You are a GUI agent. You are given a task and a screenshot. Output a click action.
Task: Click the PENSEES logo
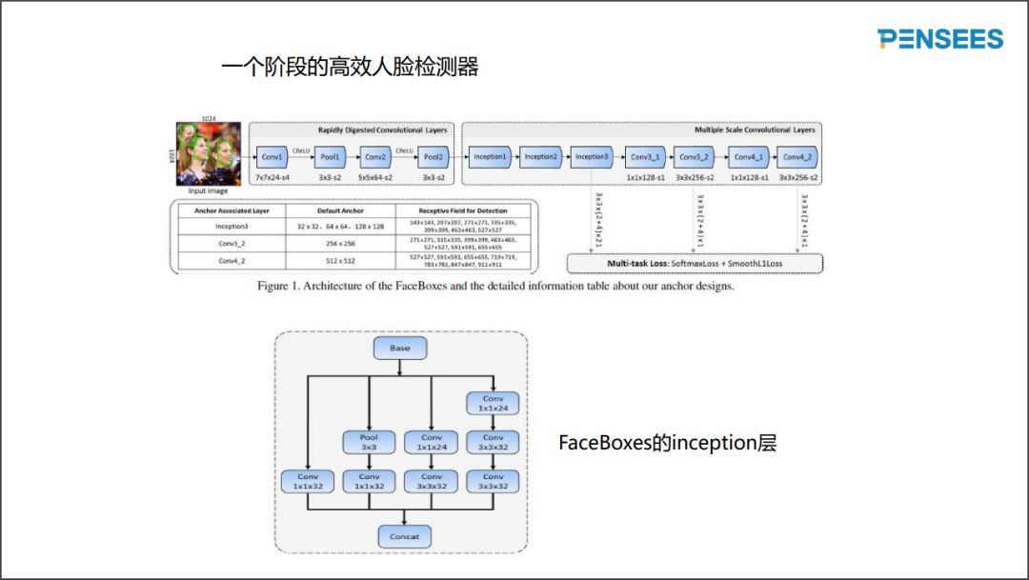click(x=940, y=39)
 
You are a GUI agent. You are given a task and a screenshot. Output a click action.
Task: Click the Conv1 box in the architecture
click(x=272, y=156)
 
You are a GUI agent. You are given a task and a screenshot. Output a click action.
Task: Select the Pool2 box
click(x=433, y=156)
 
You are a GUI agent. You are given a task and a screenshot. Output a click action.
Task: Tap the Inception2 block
click(x=541, y=156)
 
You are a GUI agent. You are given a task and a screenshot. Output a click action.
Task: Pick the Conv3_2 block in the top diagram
click(x=696, y=156)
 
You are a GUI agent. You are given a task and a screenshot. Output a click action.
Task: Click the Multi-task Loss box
click(x=695, y=262)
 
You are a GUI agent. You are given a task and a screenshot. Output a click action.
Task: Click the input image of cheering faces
click(x=208, y=153)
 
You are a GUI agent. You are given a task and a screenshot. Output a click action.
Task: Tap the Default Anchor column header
click(x=339, y=210)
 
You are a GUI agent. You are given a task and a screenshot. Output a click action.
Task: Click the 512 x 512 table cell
click(x=339, y=260)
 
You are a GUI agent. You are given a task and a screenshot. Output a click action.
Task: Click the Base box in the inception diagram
click(x=400, y=348)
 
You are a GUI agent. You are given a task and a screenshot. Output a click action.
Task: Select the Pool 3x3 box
click(x=369, y=442)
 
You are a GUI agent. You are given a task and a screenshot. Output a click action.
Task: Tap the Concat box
click(x=405, y=536)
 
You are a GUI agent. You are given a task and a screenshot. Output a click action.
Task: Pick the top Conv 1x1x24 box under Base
click(x=493, y=403)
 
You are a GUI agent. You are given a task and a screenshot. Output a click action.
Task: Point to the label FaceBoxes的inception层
click(x=667, y=443)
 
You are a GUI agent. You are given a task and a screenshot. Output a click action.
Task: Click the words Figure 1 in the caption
click(x=279, y=287)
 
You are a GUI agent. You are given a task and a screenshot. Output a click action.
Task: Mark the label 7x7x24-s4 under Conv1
click(x=272, y=178)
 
